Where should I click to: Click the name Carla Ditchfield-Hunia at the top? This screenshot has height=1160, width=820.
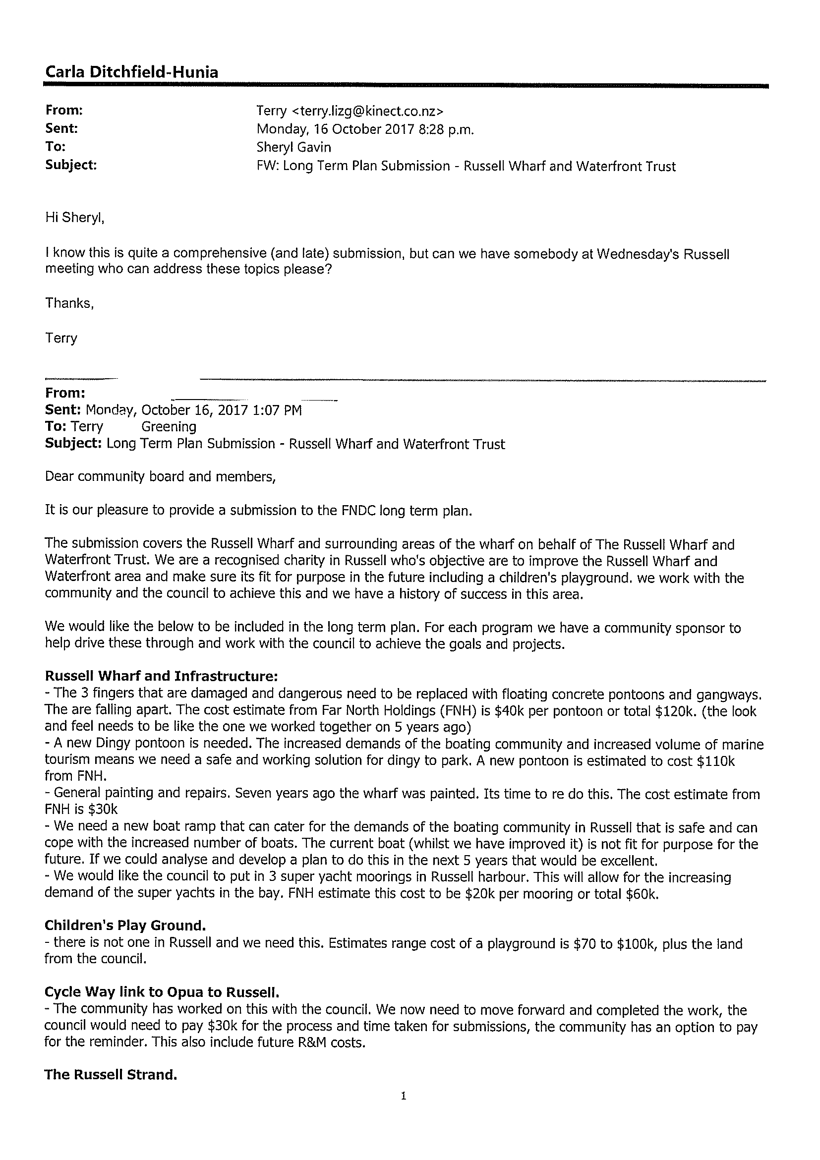(132, 72)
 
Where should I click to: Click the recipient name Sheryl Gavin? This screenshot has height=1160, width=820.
(293, 148)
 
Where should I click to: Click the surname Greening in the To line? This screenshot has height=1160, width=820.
(169, 426)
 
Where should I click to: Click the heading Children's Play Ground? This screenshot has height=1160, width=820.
(125, 926)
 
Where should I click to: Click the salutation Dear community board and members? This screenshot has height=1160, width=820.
(160, 476)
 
